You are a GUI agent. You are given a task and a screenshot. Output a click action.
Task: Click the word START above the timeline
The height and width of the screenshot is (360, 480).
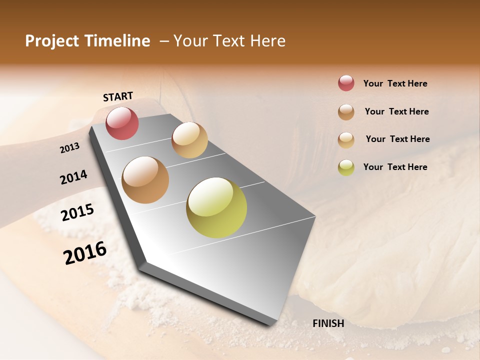[x=118, y=96]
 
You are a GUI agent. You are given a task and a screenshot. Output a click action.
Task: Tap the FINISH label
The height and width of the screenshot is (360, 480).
[x=328, y=323]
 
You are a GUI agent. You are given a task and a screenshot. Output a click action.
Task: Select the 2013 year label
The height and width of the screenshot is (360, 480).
[x=70, y=147]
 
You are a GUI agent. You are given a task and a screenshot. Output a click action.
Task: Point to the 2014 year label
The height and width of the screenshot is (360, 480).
[x=73, y=177]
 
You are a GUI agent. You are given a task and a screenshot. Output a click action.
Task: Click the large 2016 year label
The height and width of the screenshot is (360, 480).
[x=85, y=252]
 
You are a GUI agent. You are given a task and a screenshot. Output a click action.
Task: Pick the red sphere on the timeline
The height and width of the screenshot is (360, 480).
[x=122, y=123]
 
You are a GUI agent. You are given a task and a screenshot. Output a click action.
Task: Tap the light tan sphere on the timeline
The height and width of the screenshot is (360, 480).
[x=189, y=139]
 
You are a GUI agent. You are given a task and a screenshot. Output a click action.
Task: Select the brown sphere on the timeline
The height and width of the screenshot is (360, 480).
[x=145, y=179]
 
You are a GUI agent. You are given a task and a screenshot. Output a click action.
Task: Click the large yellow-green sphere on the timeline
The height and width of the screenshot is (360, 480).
[x=216, y=207]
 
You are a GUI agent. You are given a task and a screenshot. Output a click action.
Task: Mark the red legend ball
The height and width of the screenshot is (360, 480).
[x=346, y=83]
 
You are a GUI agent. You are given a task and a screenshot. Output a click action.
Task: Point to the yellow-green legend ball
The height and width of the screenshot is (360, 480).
[x=346, y=167]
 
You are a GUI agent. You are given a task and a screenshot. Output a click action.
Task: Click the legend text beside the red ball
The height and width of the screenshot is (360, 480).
[x=395, y=83]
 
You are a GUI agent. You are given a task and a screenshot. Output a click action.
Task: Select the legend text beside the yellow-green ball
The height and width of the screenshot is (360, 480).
[x=395, y=167]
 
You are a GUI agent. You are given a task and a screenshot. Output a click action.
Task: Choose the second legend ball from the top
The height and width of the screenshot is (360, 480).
[x=346, y=111]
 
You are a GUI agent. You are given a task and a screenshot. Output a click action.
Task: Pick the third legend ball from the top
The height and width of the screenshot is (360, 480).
[x=346, y=139]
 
